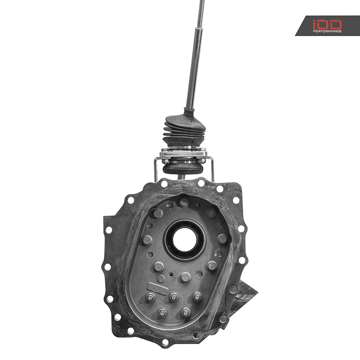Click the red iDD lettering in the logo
(327, 24)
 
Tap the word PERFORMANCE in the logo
(327, 31)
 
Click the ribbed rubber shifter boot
(184, 130)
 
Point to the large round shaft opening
(185, 240)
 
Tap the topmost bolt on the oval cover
(184, 202)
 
